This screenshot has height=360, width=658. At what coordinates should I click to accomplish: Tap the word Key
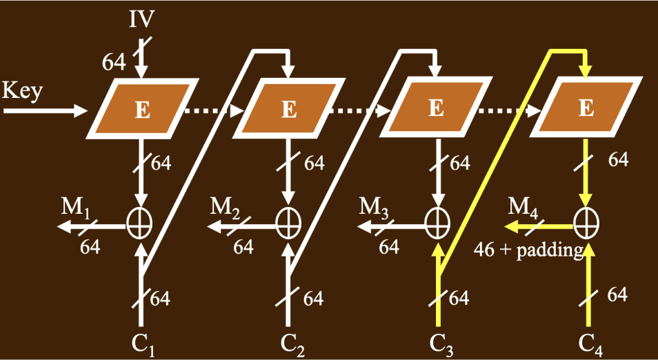(23, 90)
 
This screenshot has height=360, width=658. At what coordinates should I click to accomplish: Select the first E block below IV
(142, 109)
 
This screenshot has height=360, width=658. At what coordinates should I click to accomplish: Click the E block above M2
(290, 109)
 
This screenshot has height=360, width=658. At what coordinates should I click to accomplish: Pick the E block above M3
(436, 109)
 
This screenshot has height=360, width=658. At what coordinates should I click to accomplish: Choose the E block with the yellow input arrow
(586, 109)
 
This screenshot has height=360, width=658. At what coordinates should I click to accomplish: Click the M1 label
(79, 207)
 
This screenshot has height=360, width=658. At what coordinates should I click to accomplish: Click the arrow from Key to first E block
(46, 110)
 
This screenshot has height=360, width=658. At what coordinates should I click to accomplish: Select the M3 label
(375, 207)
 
